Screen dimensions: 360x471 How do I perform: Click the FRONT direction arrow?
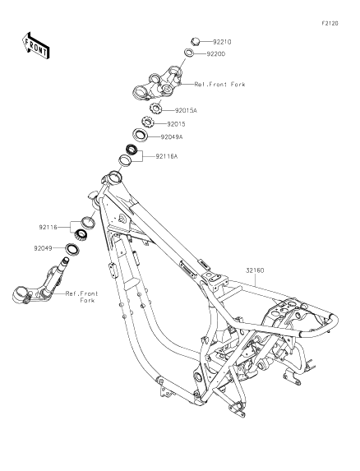pos(35,45)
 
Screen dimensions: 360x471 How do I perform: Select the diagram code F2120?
pos(330,23)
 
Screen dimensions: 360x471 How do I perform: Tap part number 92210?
pos(222,42)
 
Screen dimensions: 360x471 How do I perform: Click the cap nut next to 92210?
pos(196,41)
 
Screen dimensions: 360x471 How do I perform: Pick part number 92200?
pos(215,54)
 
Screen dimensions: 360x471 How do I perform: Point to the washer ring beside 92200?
pos(189,53)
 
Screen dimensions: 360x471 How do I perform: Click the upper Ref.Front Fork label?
pos(219,85)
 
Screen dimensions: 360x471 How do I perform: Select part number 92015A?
pos(186,110)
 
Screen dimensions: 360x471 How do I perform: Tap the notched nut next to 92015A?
pos(156,109)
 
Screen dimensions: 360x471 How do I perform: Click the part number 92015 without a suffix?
pos(176,124)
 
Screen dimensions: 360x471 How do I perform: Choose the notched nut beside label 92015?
pos(148,122)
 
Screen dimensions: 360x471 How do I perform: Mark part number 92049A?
pos(172,137)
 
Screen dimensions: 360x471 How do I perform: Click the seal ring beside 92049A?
pos(140,134)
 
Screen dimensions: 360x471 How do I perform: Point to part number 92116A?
pos(166,156)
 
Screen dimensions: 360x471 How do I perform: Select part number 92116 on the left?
pos(48,227)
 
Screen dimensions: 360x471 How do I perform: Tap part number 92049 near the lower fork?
pos(43,248)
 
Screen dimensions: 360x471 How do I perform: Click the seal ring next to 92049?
pos(72,249)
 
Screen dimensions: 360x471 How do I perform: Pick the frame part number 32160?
pos(255,270)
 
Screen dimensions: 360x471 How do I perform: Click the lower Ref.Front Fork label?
pos(81,297)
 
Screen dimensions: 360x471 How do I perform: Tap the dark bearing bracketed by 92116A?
pos(132,150)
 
